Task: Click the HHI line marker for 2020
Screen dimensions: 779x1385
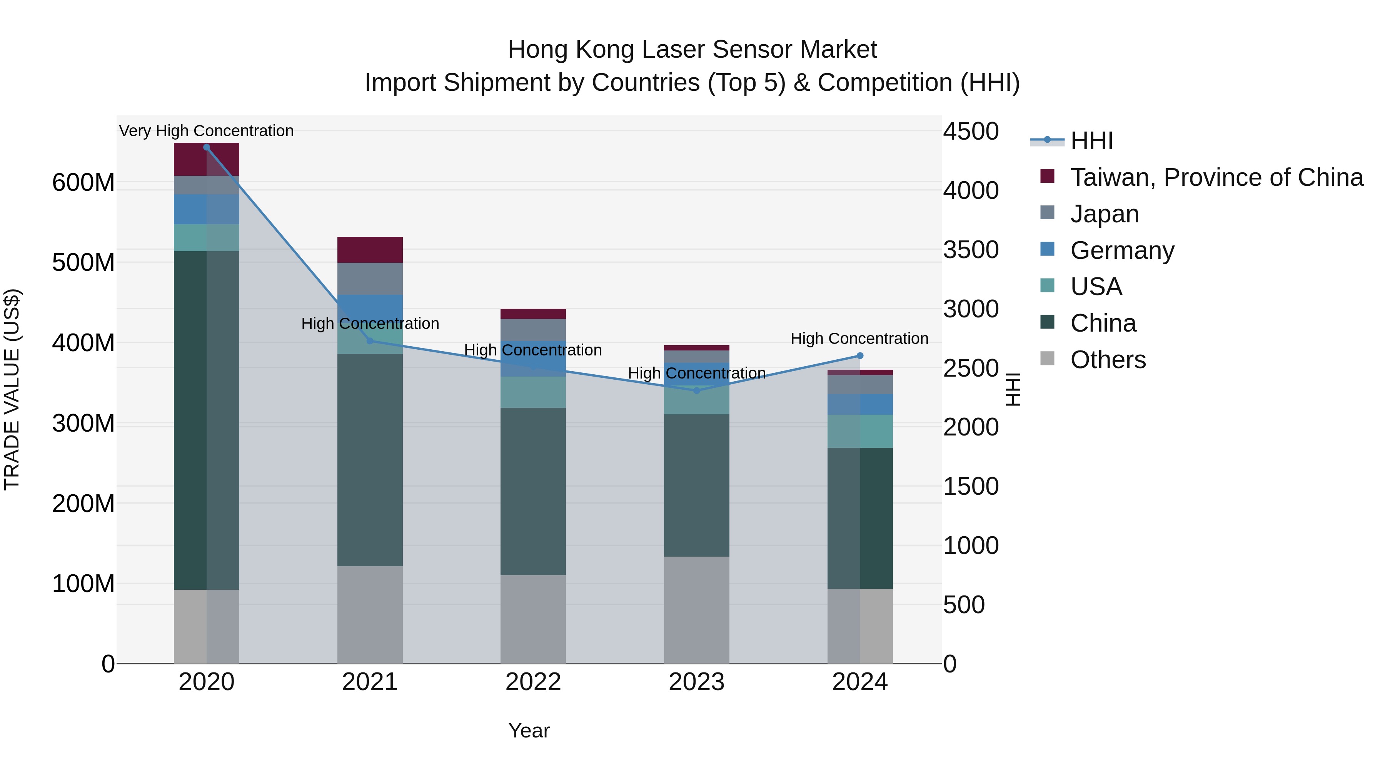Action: click(x=207, y=147)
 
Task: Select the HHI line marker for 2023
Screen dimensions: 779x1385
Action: click(x=696, y=390)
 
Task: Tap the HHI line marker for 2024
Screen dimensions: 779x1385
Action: click(x=860, y=356)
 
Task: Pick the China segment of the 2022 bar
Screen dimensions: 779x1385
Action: click(x=533, y=491)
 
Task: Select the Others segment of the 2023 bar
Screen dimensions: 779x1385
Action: click(x=696, y=610)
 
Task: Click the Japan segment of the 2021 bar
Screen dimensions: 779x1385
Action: click(x=370, y=279)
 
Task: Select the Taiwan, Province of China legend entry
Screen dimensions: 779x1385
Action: click(x=1216, y=177)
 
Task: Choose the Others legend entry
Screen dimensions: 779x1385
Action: click(x=1108, y=360)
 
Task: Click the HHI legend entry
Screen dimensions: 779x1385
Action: click(x=1091, y=141)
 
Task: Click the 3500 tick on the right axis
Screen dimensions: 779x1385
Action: click(x=971, y=250)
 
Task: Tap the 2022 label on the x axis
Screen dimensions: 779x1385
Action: click(x=533, y=682)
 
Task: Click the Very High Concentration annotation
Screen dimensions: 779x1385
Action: click(x=207, y=131)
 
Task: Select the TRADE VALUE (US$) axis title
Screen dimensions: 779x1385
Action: click(x=12, y=389)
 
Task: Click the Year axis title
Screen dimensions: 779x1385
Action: click(x=529, y=731)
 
